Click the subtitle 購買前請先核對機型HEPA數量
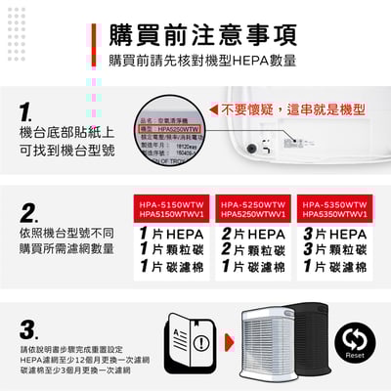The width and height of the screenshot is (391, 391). click(x=202, y=62)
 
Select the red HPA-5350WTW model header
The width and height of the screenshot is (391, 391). click(x=335, y=209)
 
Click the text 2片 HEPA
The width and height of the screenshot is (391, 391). click(x=253, y=235)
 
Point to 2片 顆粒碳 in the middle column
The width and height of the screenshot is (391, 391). click(x=253, y=250)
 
